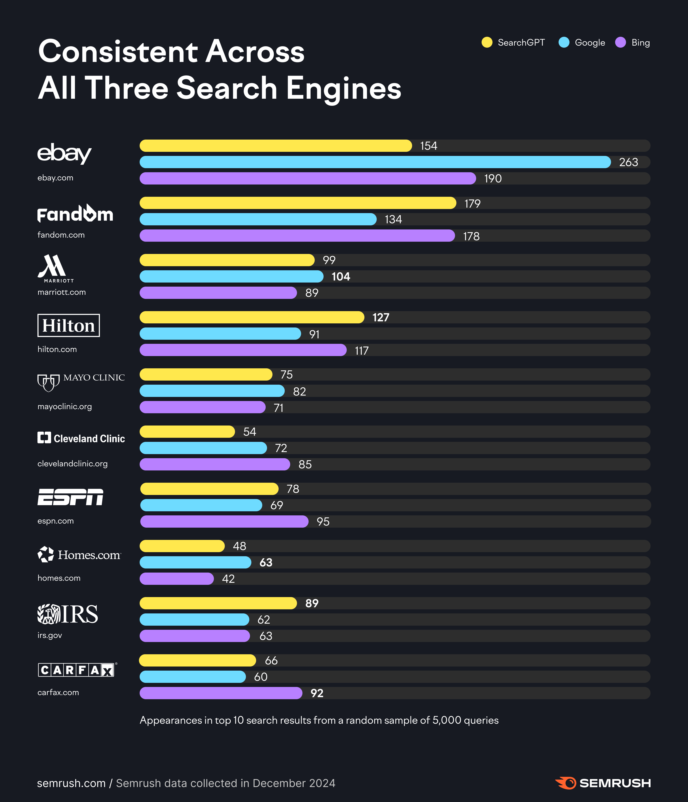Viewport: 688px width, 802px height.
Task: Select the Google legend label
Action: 590,43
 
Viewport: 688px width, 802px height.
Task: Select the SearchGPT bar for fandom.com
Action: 297,203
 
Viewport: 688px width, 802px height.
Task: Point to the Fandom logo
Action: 75,214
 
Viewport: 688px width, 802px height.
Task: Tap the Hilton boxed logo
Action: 69,325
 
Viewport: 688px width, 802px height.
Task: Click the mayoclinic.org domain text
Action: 65,406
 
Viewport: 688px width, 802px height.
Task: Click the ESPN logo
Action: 70,497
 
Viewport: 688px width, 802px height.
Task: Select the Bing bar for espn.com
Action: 224,521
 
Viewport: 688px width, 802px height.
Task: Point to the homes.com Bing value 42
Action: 228,579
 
